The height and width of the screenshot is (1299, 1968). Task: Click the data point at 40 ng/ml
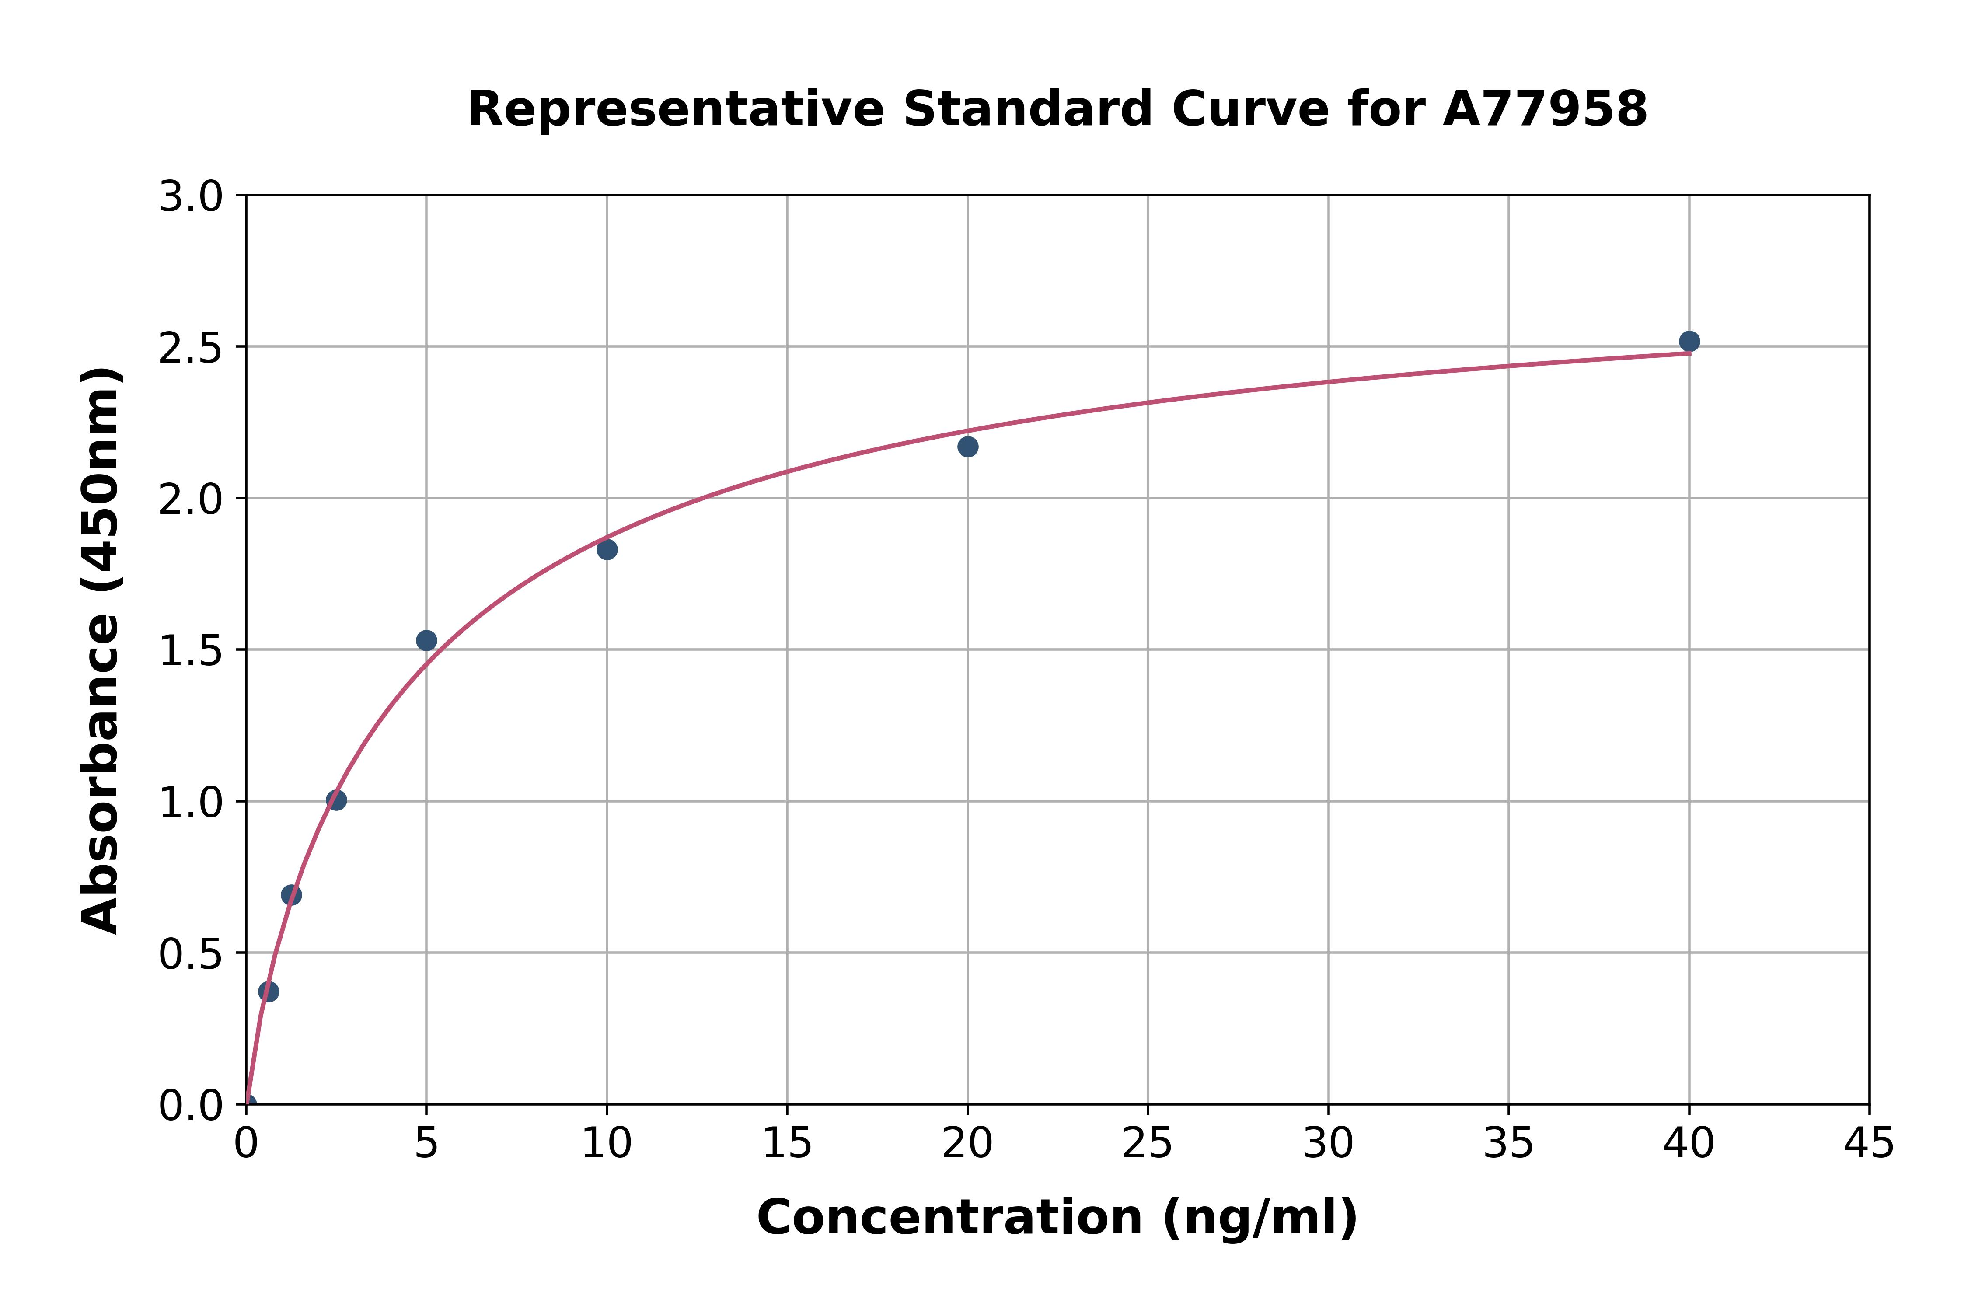coord(1689,341)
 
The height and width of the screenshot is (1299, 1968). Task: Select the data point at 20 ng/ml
coord(967,447)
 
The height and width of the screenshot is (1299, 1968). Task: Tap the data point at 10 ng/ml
coord(607,549)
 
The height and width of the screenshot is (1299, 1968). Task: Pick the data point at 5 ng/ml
coord(426,640)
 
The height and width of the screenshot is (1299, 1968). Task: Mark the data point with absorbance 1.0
coord(336,800)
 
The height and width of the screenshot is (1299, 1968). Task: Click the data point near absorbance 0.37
coord(269,992)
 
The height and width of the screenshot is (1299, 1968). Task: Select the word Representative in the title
coord(676,109)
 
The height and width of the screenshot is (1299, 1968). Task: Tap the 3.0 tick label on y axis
coord(191,197)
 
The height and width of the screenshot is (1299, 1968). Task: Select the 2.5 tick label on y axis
coord(191,349)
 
